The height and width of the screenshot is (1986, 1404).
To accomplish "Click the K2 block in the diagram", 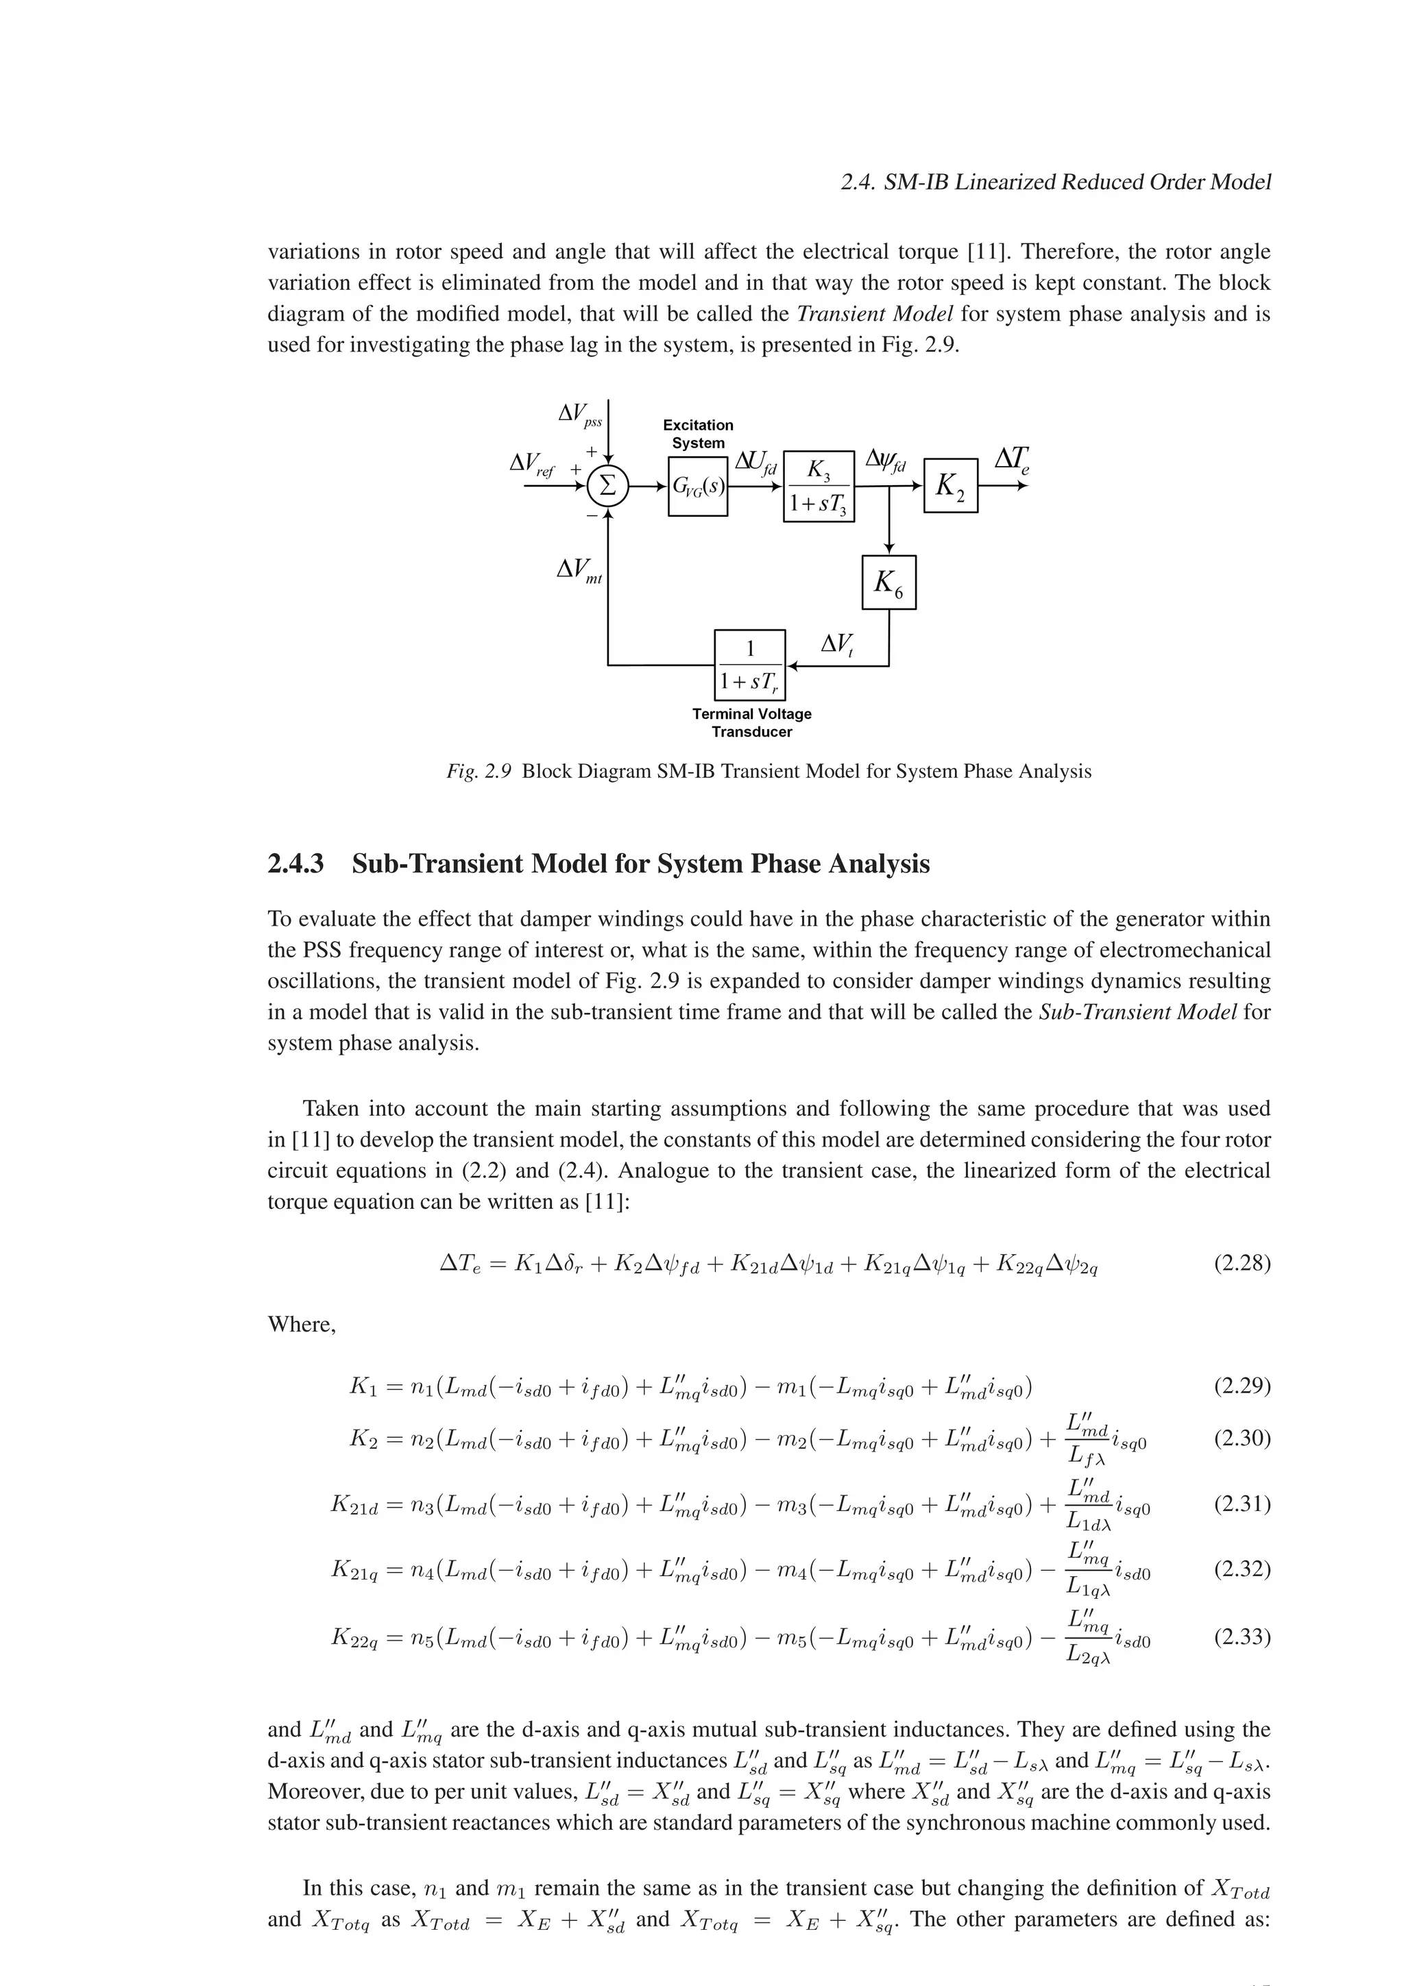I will [x=951, y=485].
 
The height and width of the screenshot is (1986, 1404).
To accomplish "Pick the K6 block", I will [x=888, y=582].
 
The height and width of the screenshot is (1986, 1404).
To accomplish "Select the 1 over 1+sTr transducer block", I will [x=749, y=665].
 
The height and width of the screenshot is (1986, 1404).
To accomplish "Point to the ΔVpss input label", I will [x=579, y=415].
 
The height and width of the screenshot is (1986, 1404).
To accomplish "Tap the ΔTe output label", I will [x=1011, y=459].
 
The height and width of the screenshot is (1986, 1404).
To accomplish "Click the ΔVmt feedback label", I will [x=579, y=570].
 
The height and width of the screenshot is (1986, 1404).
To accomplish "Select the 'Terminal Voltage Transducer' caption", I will [x=752, y=722].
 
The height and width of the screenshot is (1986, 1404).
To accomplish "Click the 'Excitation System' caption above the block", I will [x=697, y=433].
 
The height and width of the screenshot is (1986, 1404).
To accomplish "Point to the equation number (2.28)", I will [x=1242, y=1264].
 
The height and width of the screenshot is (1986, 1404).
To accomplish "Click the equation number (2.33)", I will [x=1242, y=1636].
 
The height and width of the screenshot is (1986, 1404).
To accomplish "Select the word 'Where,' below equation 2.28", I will [x=301, y=1325].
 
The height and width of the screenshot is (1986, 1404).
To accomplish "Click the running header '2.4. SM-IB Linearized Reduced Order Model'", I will [x=1055, y=182].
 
